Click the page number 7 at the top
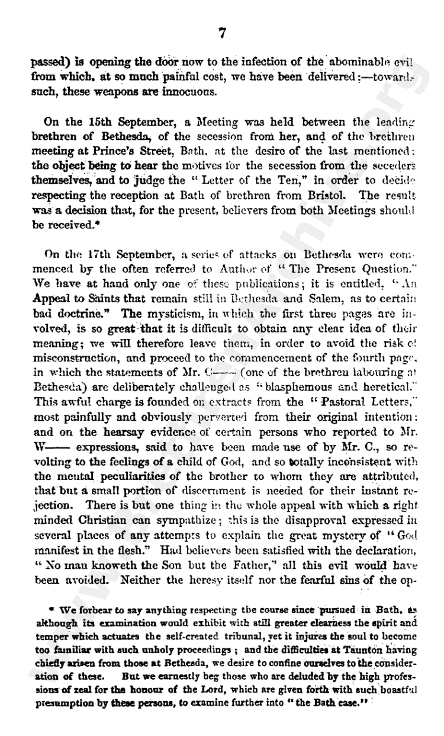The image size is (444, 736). [222, 33]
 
